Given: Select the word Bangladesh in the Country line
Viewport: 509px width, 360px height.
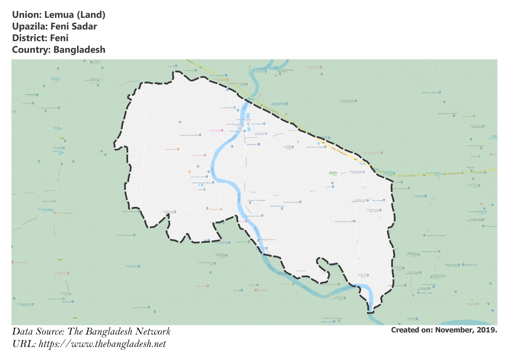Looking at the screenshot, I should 79,50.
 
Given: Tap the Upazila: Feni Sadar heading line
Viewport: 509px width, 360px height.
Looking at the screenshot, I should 54,26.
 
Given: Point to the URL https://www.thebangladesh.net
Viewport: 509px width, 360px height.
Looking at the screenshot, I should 102,344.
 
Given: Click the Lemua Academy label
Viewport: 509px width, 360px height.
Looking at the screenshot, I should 227,108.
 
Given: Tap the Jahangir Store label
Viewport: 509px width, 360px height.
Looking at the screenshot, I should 252,145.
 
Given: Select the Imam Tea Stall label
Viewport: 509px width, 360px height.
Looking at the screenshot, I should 257,124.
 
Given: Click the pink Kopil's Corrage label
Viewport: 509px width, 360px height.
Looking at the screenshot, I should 215,130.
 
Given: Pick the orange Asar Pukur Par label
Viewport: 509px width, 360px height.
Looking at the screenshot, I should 171,149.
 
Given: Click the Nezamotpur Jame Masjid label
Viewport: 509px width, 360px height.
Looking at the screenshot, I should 202,183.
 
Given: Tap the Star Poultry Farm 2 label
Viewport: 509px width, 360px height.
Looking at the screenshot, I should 198,177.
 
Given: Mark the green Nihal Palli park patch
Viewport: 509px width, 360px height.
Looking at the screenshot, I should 333,173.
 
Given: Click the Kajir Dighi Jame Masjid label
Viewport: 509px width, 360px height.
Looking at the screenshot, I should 315,147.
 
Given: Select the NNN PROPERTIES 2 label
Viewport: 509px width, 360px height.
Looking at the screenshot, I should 277,206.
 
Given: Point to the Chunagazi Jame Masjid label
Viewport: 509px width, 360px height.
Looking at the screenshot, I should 256,200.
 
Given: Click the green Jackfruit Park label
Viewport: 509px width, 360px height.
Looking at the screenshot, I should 31,95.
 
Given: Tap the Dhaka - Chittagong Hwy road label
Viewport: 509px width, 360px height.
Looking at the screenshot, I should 339,151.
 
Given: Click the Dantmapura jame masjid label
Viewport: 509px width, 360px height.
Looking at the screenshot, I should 344,221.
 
